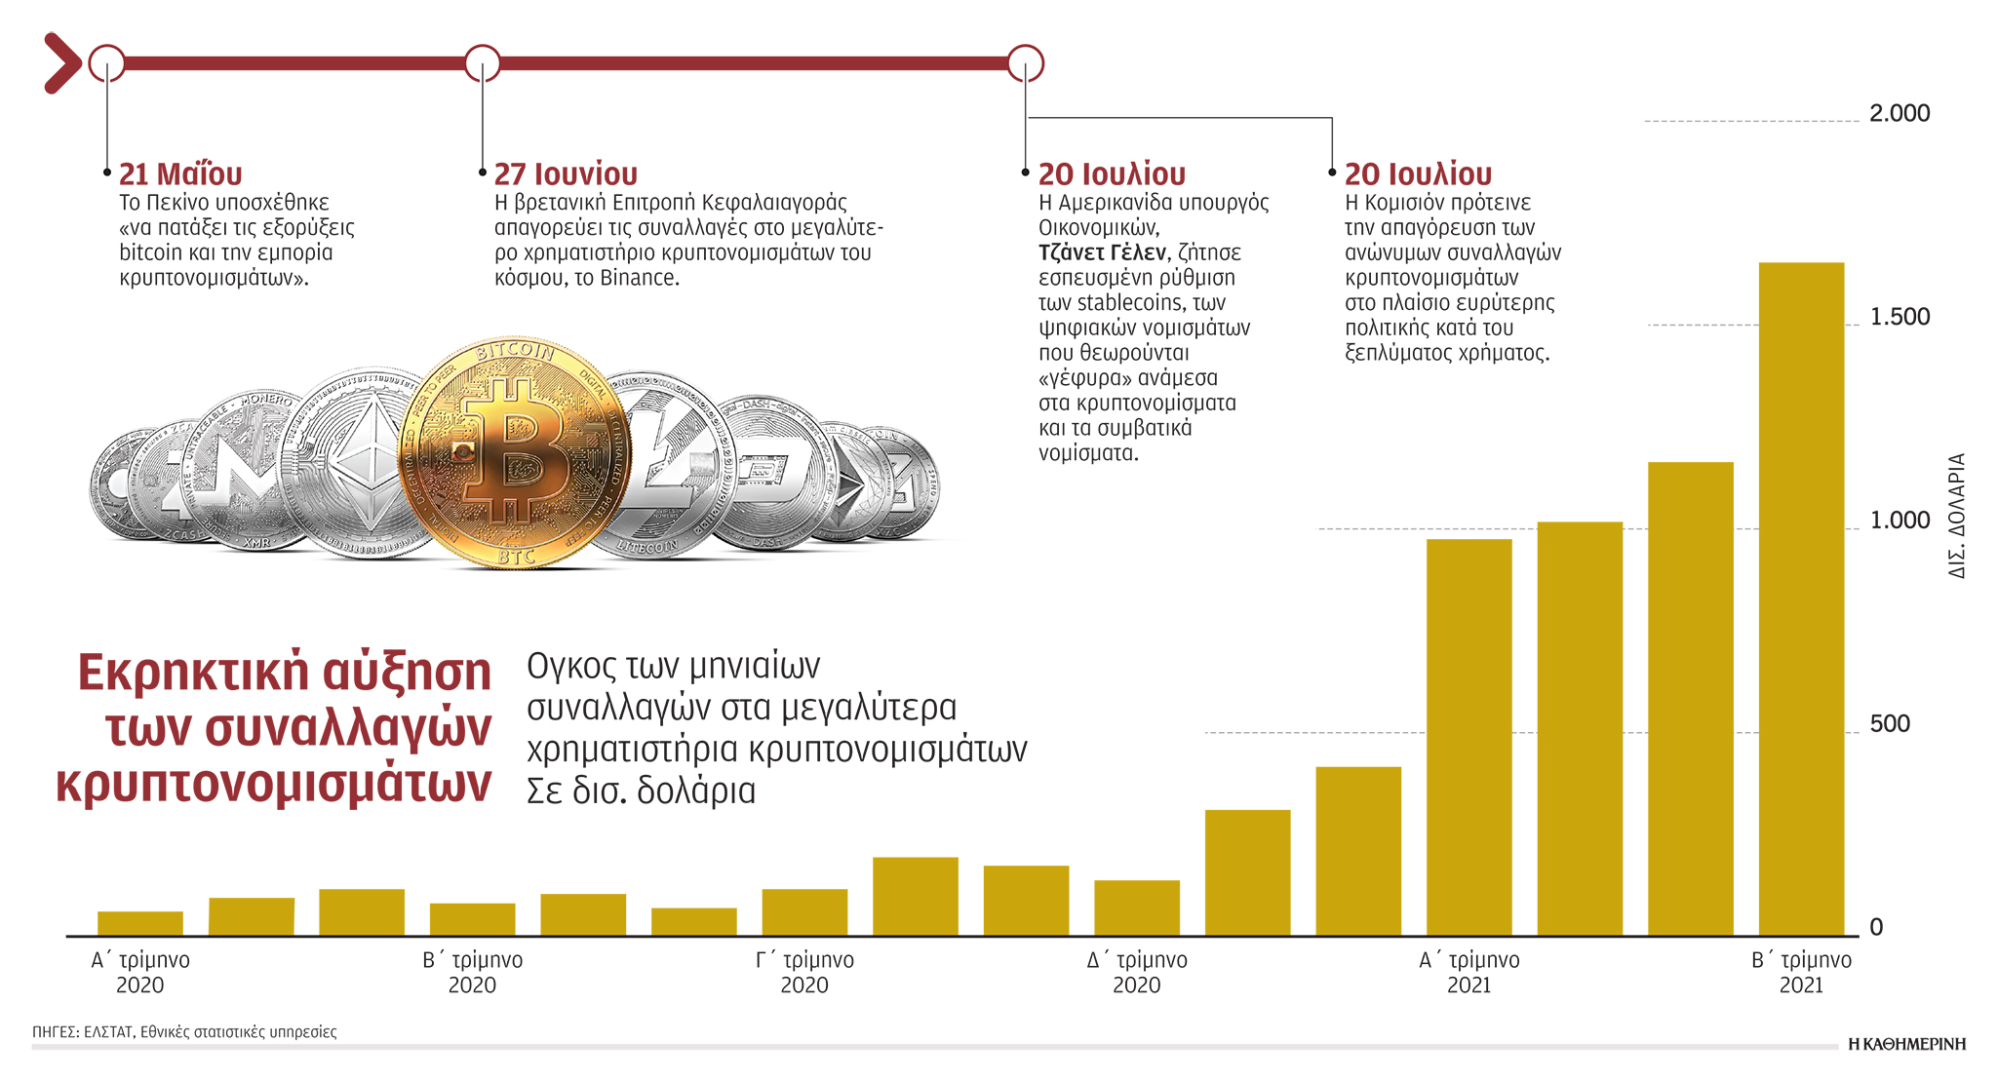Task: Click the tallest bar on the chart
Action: [1801, 598]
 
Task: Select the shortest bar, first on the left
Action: [140, 923]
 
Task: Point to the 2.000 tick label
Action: [1899, 114]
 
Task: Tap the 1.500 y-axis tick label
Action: [1899, 318]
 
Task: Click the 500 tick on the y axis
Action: [1889, 724]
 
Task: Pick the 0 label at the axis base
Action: [1876, 928]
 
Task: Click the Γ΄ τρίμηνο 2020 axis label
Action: [804, 972]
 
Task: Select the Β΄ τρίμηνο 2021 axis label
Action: [1801, 972]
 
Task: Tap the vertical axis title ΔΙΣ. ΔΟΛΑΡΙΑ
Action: [1956, 516]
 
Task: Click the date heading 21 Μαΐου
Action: [180, 174]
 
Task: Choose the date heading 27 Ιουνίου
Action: [566, 174]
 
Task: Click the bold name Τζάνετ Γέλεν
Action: [1102, 253]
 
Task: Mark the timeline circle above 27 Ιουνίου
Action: [482, 63]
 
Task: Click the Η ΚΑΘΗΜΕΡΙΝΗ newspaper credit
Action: [1906, 1044]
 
